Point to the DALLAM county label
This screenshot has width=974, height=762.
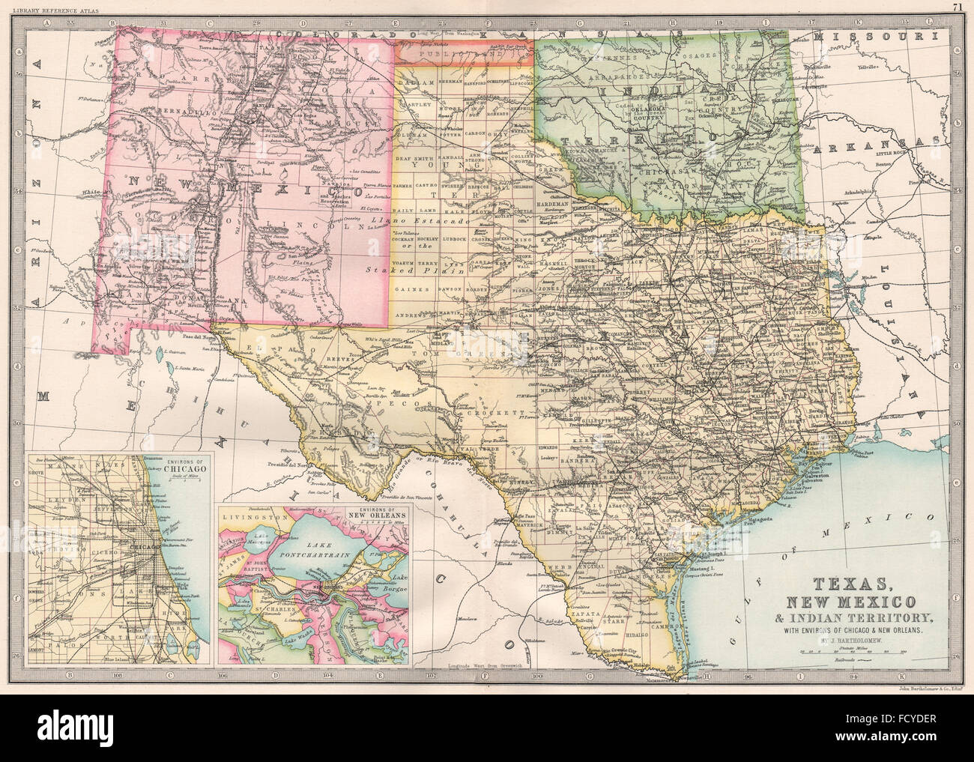pyautogui.click(x=414, y=80)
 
